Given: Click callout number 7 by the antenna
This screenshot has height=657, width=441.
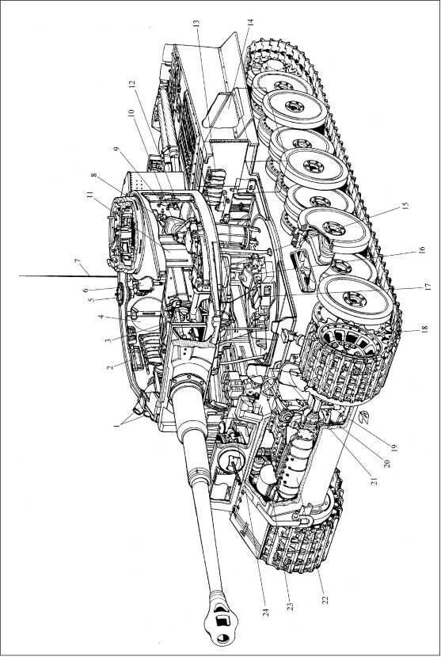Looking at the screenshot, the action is click(x=77, y=262).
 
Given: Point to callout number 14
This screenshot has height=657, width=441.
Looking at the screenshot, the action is click(x=250, y=24).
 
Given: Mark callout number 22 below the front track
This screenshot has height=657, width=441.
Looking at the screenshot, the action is click(x=324, y=599).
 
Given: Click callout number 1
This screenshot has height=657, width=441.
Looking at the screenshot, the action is click(x=116, y=426).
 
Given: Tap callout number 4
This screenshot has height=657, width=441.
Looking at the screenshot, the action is click(x=101, y=317).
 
